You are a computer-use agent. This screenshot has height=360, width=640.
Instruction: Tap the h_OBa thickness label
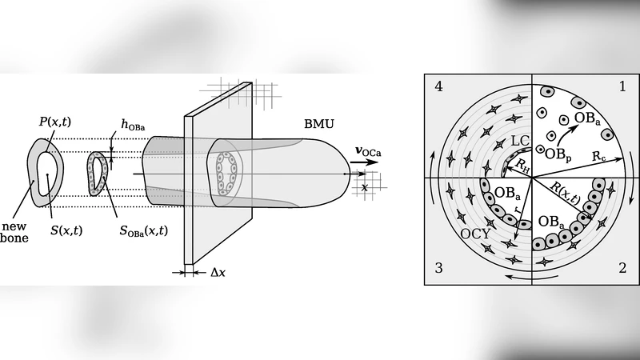[x=133, y=124]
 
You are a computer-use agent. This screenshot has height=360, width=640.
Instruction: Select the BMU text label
[x=319, y=125]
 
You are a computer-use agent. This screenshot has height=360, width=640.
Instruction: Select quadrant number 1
[x=622, y=86]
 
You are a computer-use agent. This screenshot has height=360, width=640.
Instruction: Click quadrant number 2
[x=622, y=268]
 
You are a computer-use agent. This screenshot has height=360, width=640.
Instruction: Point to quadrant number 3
[x=438, y=268]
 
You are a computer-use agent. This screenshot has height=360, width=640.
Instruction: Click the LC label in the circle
[x=519, y=141]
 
